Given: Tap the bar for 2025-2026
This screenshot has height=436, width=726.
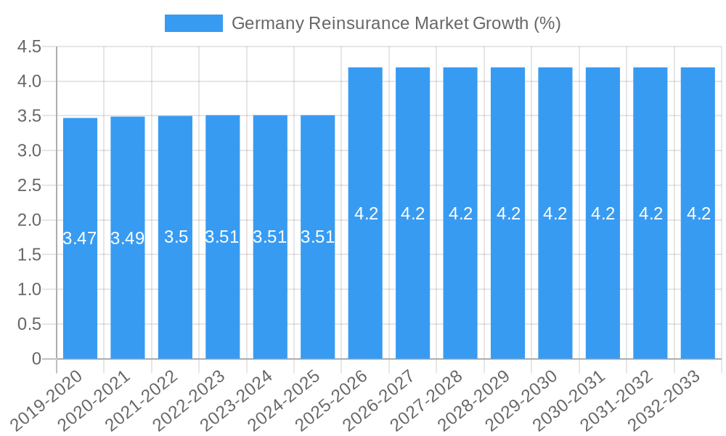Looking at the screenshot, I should pyautogui.click(x=365, y=291).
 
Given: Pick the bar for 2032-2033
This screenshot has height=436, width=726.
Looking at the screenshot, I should pyautogui.click(x=698, y=291).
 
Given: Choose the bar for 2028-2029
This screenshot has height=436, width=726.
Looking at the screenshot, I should pyautogui.click(x=507, y=291).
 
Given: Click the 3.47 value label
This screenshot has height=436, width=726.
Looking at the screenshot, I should pyautogui.click(x=80, y=238).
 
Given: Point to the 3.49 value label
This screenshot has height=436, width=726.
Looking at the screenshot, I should pyautogui.click(x=128, y=238).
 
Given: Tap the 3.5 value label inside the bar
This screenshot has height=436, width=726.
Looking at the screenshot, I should pyautogui.click(x=176, y=237).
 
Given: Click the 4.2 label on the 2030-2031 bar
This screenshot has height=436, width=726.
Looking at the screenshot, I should pyautogui.click(x=603, y=214).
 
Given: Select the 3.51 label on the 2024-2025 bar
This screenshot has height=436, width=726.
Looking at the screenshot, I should pyautogui.click(x=317, y=237).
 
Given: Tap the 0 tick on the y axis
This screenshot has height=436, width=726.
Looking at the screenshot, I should pyautogui.click(x=37, y=359).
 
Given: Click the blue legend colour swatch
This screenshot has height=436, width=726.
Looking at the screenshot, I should pyautogui.click(x=193, y=23).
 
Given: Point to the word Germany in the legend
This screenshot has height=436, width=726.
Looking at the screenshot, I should pyautogui.click(x=267, y=23).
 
